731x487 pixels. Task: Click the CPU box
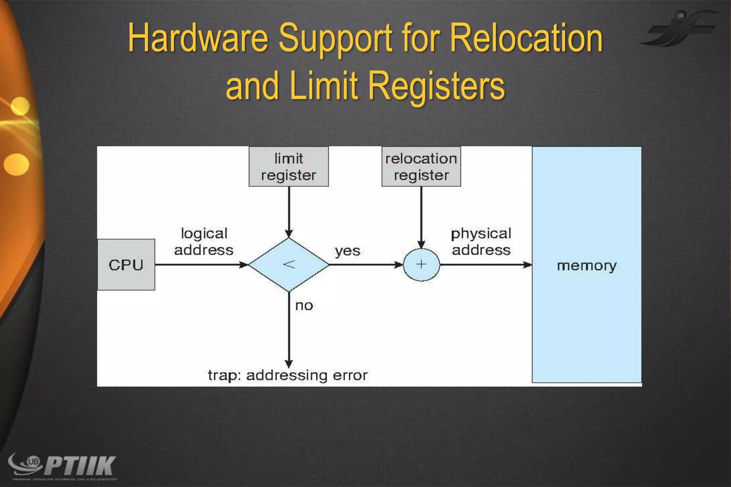coord(126,265)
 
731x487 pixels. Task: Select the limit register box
coord(288,167)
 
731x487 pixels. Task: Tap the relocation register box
coord(421,167)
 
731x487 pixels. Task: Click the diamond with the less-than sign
coord(289,265)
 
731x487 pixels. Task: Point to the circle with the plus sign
coord(421,265)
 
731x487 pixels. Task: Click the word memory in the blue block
coord(586,266)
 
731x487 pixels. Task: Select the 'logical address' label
coord(204,242)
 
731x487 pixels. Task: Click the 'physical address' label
coord(481,242)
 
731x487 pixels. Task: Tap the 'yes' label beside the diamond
coord(347,251)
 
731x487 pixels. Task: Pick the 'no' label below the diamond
coord(304,306)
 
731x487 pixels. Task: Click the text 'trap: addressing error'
coord(288,375)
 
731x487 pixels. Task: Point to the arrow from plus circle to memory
coord(485,265)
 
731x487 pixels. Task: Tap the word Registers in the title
coord(436,86)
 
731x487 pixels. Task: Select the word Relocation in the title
coord(526,38)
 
